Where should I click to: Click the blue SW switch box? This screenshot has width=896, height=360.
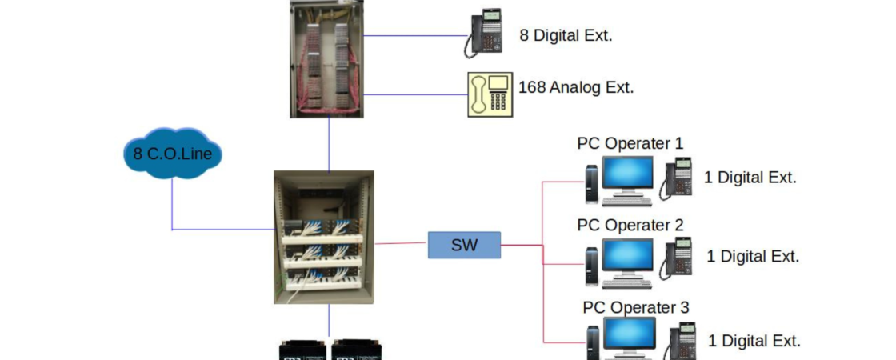464,245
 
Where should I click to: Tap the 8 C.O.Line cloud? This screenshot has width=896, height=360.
172,152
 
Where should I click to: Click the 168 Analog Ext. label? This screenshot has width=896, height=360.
576,87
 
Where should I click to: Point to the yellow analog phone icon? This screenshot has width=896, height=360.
490,94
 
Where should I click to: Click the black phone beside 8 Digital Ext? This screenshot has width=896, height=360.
484,34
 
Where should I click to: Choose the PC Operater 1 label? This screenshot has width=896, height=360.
630,143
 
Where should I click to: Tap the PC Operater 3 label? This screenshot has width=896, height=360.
635,307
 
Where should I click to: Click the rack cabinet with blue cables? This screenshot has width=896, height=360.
323,237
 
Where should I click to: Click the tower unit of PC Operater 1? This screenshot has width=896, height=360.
591,183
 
